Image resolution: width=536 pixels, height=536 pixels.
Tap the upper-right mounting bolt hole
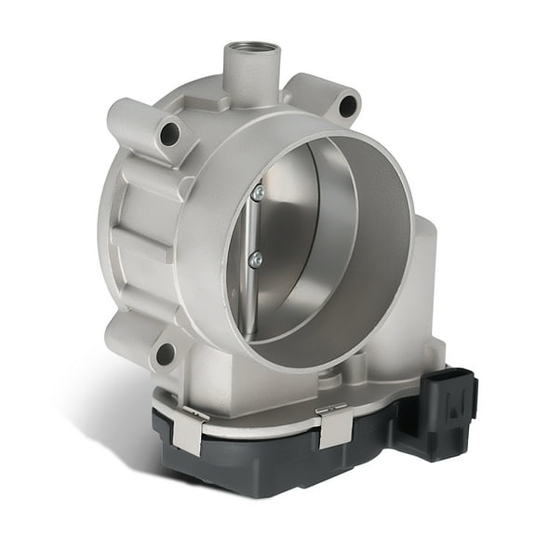coord(346,106)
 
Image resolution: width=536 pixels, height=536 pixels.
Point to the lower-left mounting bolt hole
coord(165,355)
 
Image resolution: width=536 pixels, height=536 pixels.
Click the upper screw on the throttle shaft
coord(257,193)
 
